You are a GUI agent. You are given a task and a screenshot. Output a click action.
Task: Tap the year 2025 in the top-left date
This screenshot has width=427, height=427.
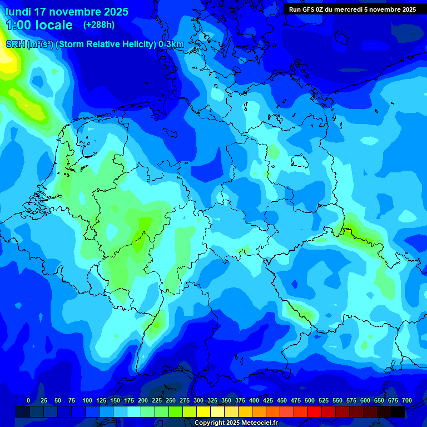115,12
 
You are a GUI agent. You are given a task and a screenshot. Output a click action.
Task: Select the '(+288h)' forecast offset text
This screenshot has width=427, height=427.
98,25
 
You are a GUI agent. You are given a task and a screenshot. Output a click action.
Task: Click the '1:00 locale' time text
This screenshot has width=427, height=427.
39,25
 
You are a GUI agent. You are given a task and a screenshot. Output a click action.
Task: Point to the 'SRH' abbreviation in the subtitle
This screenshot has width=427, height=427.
16,44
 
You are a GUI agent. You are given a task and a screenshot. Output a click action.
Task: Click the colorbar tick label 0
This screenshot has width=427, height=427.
28,400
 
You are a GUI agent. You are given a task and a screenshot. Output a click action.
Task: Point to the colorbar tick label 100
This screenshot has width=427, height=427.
87,400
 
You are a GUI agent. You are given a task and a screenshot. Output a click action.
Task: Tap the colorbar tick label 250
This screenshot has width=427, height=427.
171,400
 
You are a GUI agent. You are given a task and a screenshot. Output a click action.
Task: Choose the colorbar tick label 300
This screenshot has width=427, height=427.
198,400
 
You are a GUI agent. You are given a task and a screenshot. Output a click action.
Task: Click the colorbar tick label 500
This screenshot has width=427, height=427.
310,400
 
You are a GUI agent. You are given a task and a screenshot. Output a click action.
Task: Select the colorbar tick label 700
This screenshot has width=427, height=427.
407,400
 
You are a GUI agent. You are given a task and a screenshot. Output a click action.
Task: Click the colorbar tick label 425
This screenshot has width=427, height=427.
268,400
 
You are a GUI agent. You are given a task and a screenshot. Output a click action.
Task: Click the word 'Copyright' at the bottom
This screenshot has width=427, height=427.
210,423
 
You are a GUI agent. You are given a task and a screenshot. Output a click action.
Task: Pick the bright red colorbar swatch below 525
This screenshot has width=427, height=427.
315,411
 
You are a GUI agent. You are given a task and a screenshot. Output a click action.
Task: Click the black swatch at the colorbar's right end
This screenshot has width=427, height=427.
398,411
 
